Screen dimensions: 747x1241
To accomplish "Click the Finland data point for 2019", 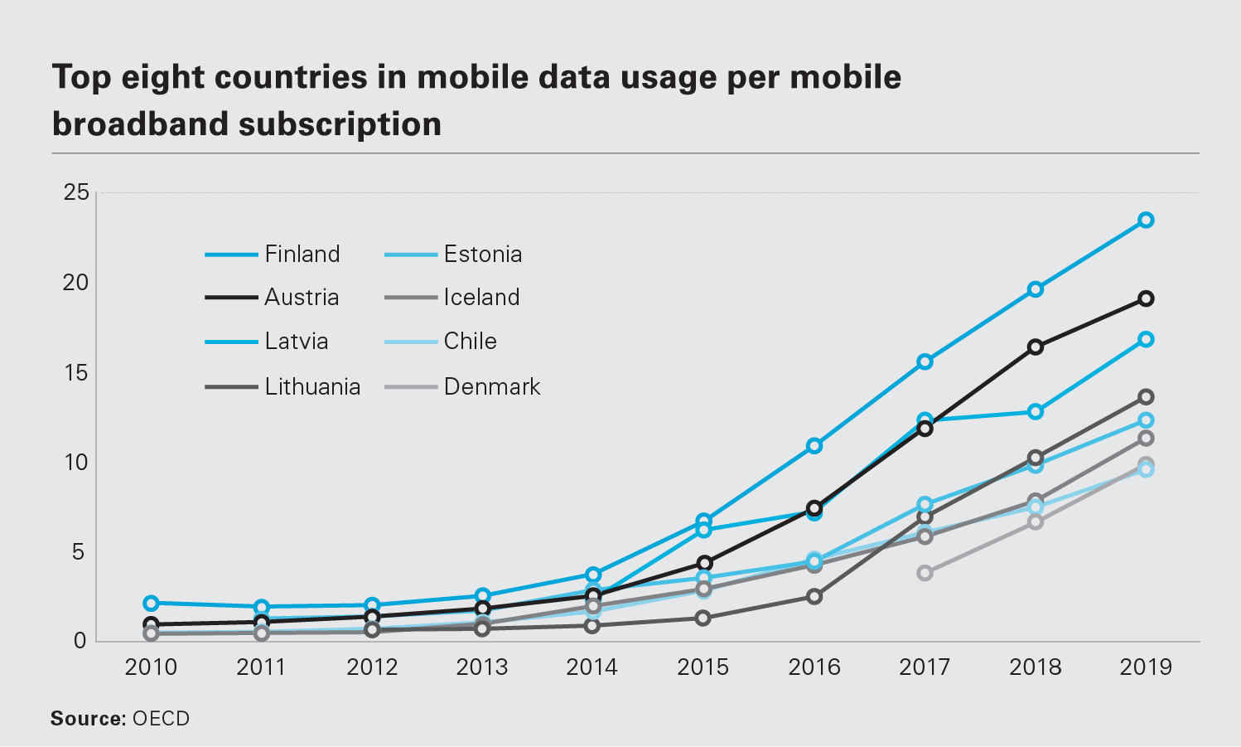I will click(x=1146, y=220).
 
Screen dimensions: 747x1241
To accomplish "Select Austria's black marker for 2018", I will click(x=1035, y=347).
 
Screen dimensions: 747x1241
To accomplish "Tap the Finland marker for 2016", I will click(x=814, y=446).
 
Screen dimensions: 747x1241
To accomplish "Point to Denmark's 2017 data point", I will click(x=925, y=573).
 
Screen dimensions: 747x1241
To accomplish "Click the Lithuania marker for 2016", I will click(x=814, y=596).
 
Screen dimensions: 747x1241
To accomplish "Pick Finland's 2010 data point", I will click(x=151, y=603).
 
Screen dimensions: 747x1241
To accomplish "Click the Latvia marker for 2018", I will click(x=1035, y=411).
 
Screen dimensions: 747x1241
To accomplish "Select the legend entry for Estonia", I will click(x=483, y=254).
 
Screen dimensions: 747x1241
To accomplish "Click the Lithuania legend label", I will click(x=312, y=386).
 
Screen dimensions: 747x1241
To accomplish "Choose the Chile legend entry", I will click(x=470, y=341).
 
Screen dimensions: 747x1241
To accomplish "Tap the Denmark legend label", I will click(x=492, y=386).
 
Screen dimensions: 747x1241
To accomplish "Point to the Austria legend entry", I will click(x=302, y=297).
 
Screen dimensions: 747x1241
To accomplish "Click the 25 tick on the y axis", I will click(x=75, y=192).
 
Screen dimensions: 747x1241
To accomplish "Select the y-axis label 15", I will click(x=75, y=372).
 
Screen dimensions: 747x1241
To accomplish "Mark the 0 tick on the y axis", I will click(x=80, y=640).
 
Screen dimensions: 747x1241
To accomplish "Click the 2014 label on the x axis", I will click(x=592, y=667).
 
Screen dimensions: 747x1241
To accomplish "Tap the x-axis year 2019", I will click(x=1146, y=667).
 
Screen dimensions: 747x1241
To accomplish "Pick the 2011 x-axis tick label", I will click(x=261, y=667).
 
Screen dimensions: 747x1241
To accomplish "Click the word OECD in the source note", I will click(x=161, y=719).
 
